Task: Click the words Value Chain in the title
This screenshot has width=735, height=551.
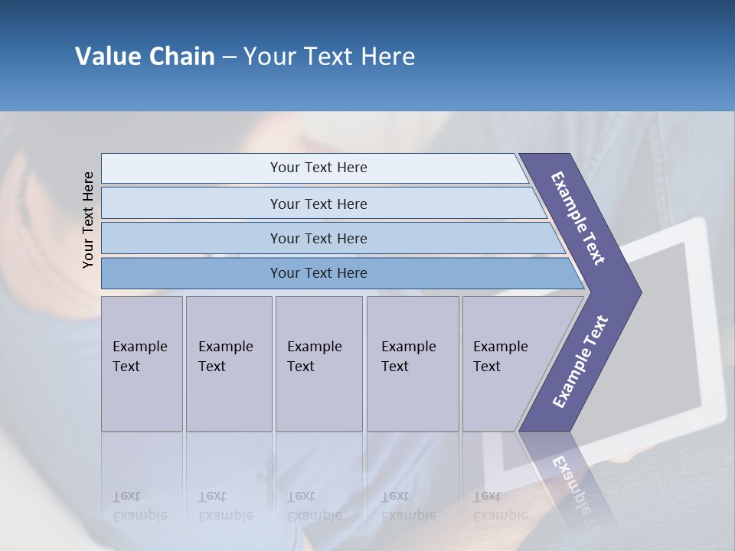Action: point(145,57)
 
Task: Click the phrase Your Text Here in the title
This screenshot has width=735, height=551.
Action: point(329,57)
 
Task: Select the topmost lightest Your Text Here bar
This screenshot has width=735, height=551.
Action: point(318,168)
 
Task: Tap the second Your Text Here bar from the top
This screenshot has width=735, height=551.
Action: point(318,204)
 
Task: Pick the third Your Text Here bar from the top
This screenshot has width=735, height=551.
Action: point(318,238)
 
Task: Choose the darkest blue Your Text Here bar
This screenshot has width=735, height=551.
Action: point(318,273)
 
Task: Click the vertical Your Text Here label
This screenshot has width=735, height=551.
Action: point(88,220)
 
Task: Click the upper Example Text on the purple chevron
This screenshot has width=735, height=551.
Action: point(578,218)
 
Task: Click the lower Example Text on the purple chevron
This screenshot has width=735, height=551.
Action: point(580,361)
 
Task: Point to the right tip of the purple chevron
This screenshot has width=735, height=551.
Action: point(639,292)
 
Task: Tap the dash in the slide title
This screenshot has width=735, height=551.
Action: point(229,57)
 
